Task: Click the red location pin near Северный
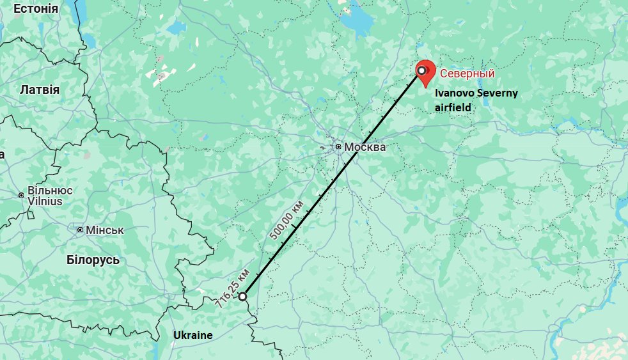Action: [425, 72]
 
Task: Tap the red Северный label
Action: [467, 74]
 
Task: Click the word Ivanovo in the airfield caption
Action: [455, 93]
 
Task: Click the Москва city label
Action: [365, 148]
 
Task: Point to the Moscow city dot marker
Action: [338, 148]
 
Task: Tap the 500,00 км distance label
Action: [286, 221]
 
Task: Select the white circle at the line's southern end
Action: [242, 297]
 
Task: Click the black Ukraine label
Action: [192, 335]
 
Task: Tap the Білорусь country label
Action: [93, 260]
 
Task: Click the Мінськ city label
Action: [104, 230]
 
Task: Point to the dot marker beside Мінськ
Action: [80, 230]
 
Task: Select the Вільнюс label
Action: [50, 191]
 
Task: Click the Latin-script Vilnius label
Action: [45, 201]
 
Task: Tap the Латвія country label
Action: [40, 90]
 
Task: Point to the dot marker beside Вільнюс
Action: [21, 194]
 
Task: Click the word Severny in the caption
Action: [497, 93]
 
